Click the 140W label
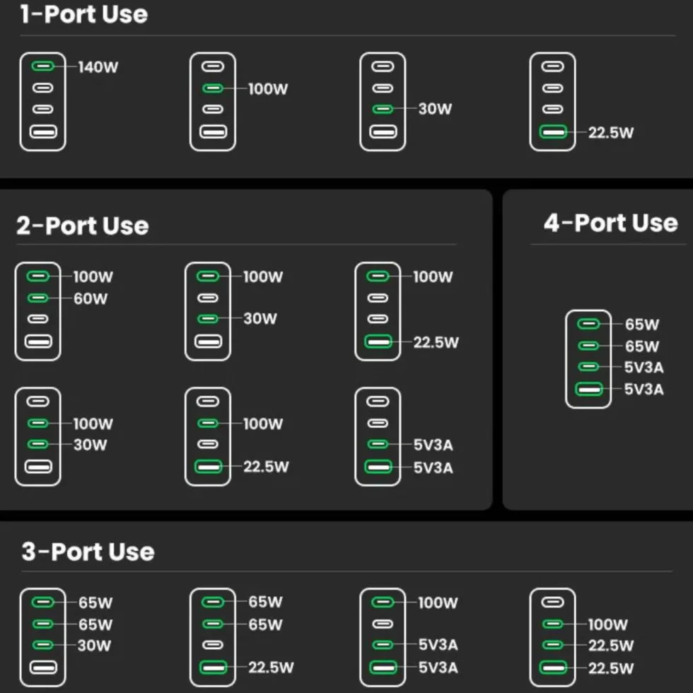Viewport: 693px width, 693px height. click(x=98, y=67)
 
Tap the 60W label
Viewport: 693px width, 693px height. click(x=91, y=298)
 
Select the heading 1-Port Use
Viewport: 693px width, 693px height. click(x=84, y=14)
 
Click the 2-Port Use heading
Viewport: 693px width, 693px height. click(x=83, y=226)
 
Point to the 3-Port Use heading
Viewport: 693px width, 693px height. click(x=88, y=552)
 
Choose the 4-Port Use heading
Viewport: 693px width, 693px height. click(x=611, y=223)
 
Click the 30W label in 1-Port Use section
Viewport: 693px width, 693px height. click(x=436, y=109)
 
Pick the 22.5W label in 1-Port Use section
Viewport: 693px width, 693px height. click(x=611, y=133)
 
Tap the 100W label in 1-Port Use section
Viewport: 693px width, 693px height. click(x=268, y=89)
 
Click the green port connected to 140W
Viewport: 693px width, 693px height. click(x=43, y=66)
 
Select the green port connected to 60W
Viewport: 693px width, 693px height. click(x=38, y=298)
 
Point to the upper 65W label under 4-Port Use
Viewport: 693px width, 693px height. click(x=642, y=325)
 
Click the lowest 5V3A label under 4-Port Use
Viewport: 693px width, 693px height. click(x=644, y=390)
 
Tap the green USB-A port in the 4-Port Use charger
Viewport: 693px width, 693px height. click(x=588, y=389)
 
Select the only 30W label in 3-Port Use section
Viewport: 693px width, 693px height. click(x=94, y=646)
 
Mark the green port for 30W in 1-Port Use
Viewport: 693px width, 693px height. click(x=383, y=109)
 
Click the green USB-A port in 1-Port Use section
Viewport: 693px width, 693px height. click(x=553, y=132)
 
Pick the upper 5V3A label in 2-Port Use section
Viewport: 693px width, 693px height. click(x=433, y=445)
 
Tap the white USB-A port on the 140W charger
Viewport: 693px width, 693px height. click(x=43, y=132)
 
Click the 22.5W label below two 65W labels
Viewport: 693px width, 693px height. click(x=271, y=668)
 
